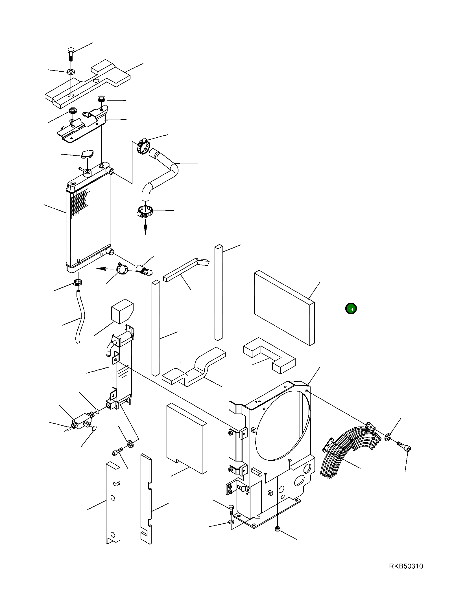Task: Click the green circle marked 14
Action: [x=351, y=309]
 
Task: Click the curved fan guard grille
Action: [x=350, y=453]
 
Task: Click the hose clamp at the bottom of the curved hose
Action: [x=145, y=211]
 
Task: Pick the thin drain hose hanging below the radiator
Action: [x=80, y=319]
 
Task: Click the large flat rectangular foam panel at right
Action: [x=284, y=307]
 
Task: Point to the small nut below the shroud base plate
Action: [x=277, y=529]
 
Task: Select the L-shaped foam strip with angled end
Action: [x=186, y=269]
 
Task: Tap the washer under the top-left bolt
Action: [x=71, y=71]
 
